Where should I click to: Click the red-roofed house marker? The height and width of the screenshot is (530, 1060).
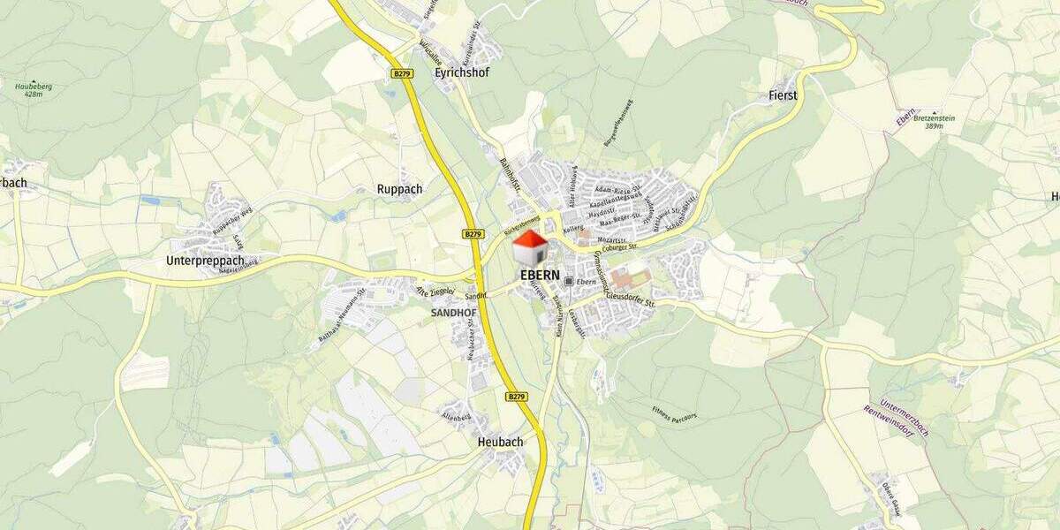[530, 248]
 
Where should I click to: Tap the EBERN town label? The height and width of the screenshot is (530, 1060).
[540, 275]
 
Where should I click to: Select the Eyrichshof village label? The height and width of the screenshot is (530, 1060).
[462, 73]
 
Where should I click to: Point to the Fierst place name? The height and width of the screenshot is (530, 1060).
[783, 95]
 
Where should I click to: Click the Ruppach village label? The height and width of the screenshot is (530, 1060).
[399, 189]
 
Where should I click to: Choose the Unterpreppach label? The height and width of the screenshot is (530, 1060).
[205, 261]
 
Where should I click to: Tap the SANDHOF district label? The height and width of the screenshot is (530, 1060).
[453, 313]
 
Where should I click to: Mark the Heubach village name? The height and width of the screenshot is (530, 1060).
[500, 442]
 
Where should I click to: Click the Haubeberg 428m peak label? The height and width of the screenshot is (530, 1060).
[34, 89]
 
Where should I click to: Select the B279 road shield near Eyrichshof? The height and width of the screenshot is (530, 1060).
[402, 72]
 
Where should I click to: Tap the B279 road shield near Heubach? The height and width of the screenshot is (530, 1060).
[517, 397]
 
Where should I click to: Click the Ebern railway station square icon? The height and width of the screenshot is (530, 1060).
[570, 281]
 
